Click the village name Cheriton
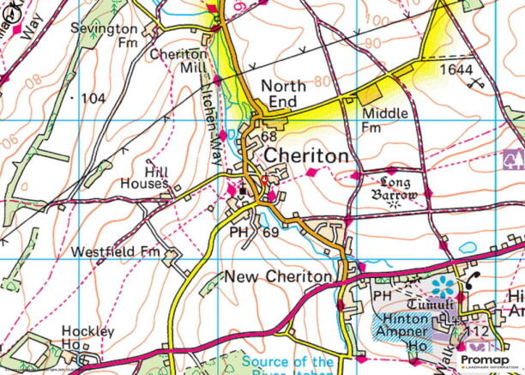(x=306, y=156)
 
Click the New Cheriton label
(x=276, y=276)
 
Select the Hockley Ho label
(x=87, y=337)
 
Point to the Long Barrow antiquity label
(x=395, y=189)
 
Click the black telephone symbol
(x=474, y=281)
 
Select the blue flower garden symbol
(x=444, y=286)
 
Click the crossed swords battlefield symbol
(x=474, y=83)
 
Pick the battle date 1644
(x=456, y=68)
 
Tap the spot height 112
(x=478, y=331)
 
